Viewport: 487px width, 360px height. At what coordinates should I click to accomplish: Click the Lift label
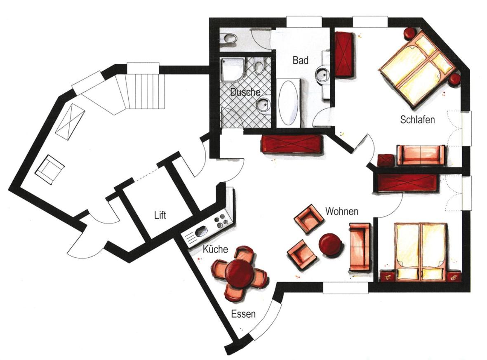click(x=160, y=215)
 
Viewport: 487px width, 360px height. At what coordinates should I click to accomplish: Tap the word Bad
click(x=300, y=60)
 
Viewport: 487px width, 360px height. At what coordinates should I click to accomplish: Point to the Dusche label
click(x=245, y=92)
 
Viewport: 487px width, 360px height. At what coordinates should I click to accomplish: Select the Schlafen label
click(x=417, y=120)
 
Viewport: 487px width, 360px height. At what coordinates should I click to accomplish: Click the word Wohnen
click(x=342, y=211)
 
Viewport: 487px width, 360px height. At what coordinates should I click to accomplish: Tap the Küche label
click(x=215, y=249)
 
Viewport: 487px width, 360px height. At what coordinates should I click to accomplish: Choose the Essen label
click(x=243, y=314)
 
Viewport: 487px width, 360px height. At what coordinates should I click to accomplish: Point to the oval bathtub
click(x=289, y=103)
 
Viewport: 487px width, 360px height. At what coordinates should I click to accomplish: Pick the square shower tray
click(x=233, y=69)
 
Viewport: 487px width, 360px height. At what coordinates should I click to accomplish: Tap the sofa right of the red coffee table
click(x=360, y=247)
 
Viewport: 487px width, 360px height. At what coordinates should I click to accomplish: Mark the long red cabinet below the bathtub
click(x=291, y=144)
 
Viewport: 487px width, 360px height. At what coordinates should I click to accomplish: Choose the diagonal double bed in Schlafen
click(x=416, y=68)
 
